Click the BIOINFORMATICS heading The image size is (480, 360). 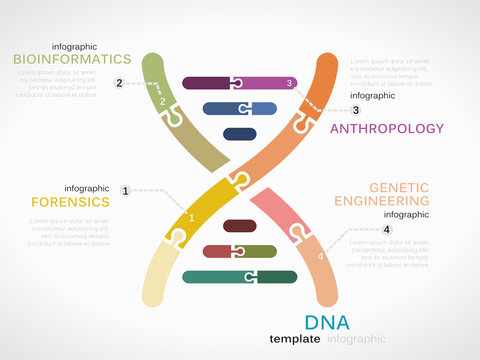[72, 59]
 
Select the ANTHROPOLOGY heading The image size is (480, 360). [386, 128]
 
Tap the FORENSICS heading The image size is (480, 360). [70, 201]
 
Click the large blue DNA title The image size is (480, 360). [327, 322]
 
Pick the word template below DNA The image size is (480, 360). [295, 339]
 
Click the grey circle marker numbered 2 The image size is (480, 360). [119, 83]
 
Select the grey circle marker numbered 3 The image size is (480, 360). [355, 110]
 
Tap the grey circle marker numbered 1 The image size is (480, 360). [125, 190]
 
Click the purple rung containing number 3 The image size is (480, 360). [240, 83]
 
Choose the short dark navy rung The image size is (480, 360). [240, 134]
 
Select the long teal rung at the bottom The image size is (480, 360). [240, 276]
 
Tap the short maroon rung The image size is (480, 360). [239, 226]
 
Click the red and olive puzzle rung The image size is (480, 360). [240, 251]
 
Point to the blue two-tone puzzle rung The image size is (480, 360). [240, 108]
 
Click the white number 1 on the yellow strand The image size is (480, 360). [192, 217]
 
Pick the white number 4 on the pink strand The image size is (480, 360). [320, 257]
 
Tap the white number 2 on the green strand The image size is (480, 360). [163, 101]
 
